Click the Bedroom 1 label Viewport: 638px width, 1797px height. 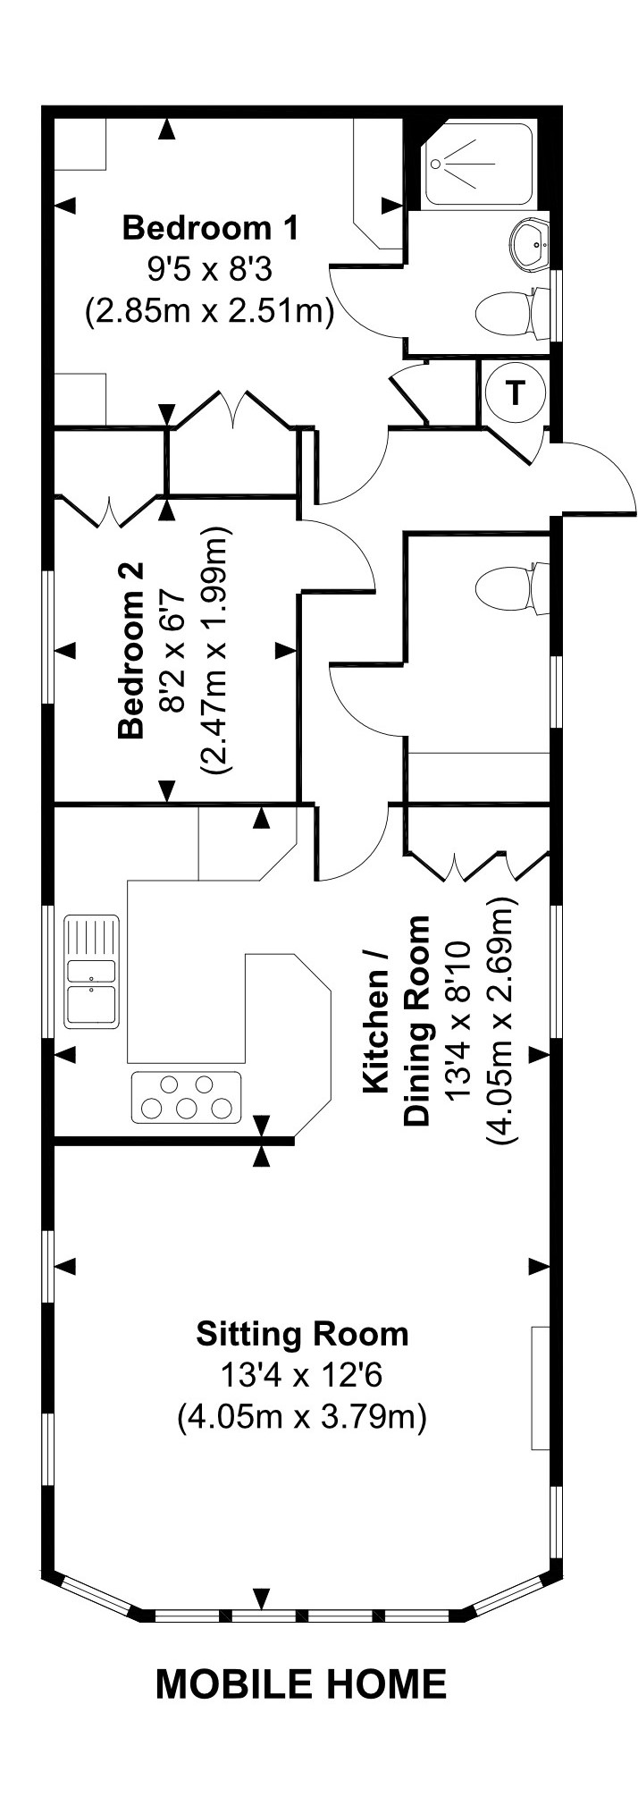(x=210, y=228)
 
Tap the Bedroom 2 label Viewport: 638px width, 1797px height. (x=131, y=650)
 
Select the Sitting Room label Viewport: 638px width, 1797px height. (x=302, y=1334)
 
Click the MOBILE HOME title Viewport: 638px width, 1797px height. (x=301, y=1684)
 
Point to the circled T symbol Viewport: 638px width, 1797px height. (x=514, y=392)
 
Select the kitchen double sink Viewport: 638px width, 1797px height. (x=91, y=970)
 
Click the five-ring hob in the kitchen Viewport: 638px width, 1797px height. (x=187, y=1097)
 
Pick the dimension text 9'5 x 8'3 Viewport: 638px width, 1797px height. (x=210, y=268)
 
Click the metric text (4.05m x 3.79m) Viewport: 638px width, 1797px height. (x=302, y=1417)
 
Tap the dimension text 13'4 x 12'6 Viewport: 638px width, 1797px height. (x=302, y=1375)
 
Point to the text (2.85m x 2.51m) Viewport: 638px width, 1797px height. (x=210, y=311)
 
